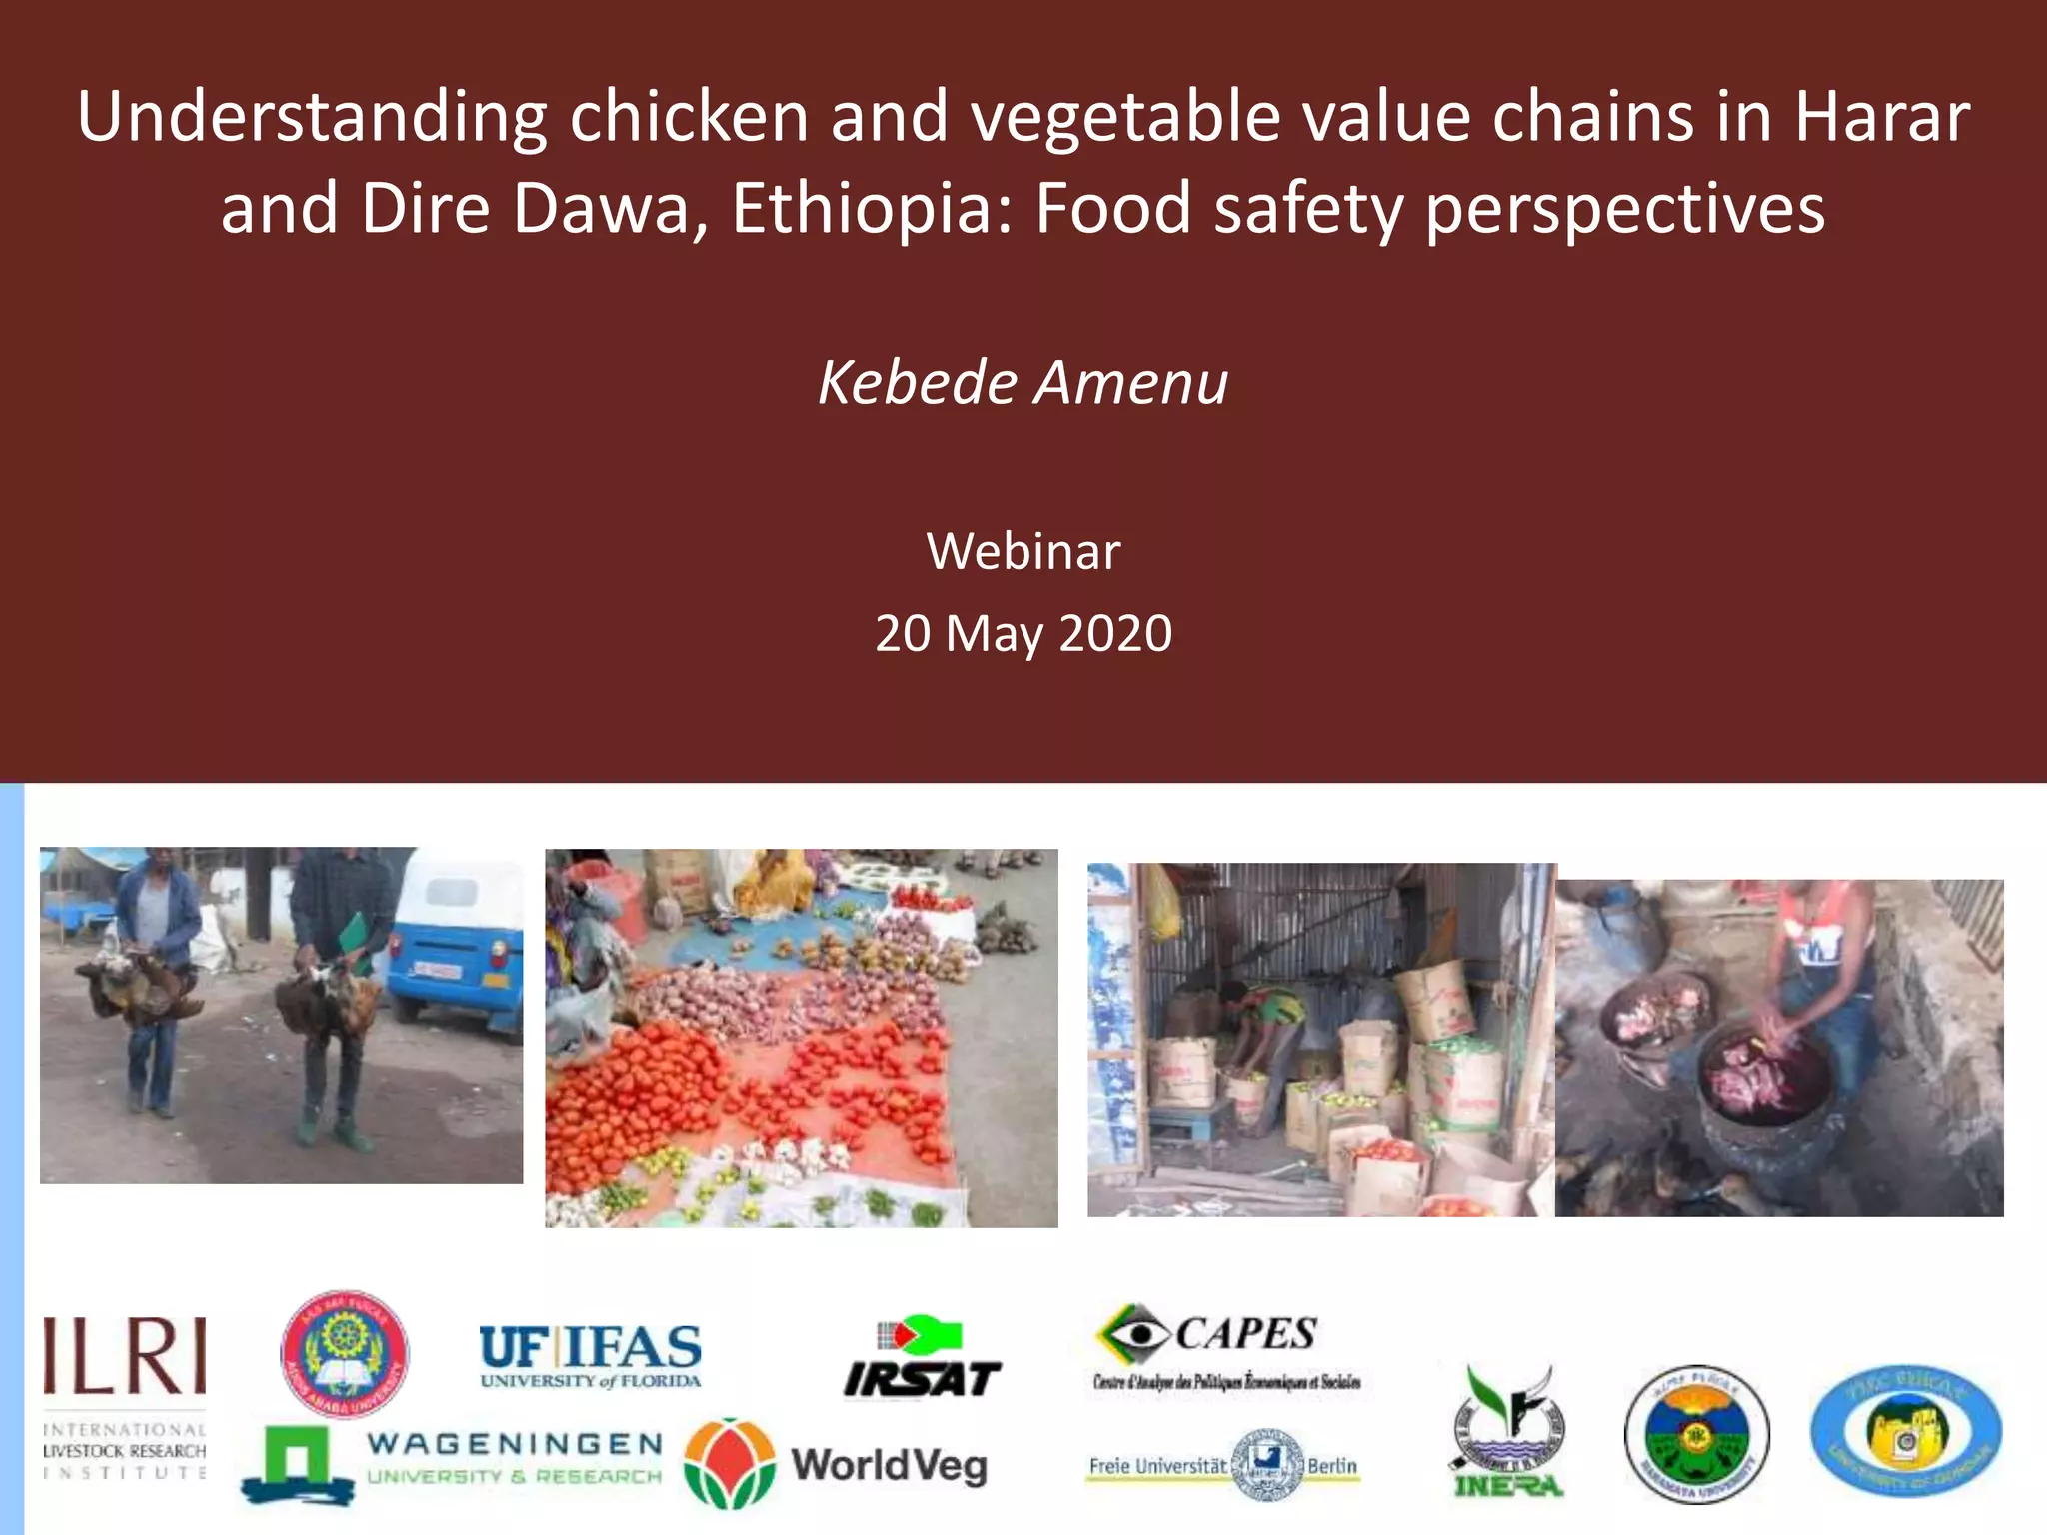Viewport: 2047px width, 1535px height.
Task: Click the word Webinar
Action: [1023, 551]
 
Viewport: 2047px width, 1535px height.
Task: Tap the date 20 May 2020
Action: [1023, 634]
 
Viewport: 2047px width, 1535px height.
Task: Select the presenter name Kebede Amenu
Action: [1023, 382]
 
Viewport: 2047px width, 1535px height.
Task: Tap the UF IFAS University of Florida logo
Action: [590, 1356]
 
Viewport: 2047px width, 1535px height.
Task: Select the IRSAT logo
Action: [922, 1359]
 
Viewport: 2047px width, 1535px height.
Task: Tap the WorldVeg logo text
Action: [889, 1466]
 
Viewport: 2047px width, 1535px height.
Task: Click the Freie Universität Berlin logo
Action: [1223, 1466]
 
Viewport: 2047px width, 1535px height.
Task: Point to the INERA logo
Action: [1508, 1433]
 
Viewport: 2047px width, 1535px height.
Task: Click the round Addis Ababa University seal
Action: [345, 1354]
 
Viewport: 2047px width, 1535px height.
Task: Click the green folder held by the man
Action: [352, 937]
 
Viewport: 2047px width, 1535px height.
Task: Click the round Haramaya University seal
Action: [1696, 1435]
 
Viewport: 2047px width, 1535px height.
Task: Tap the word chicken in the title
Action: [689, 117]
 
